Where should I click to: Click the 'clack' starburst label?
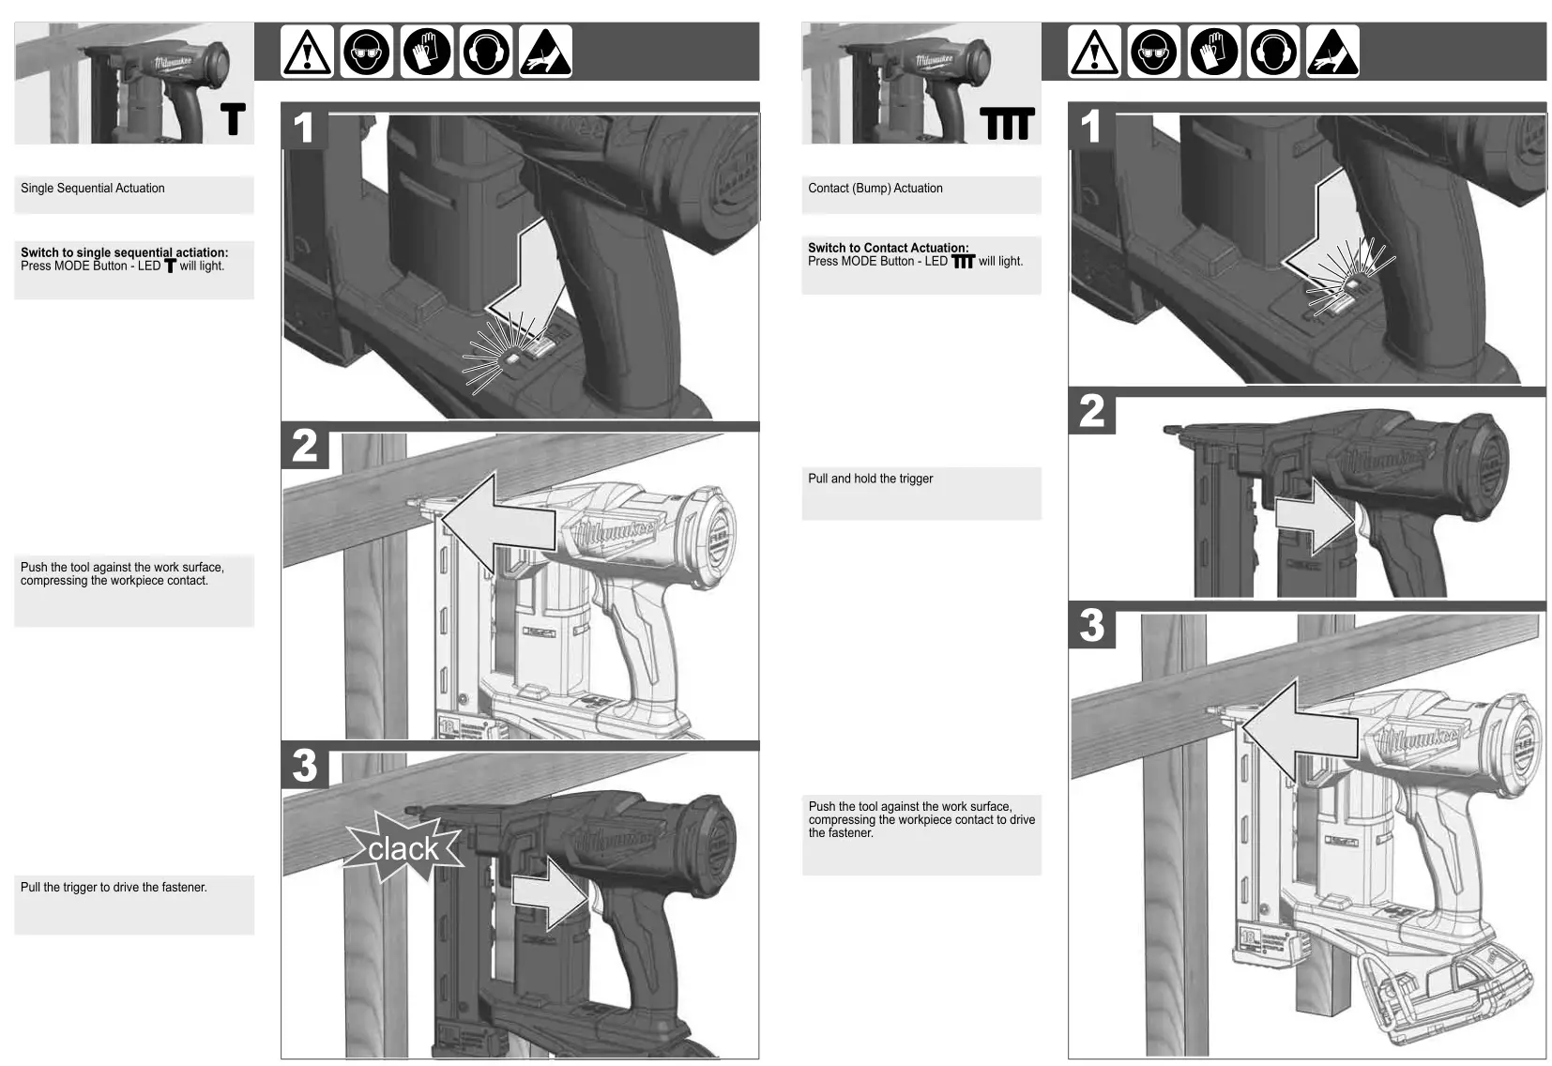click(403, 848)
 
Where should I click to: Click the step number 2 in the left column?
click(304, 446)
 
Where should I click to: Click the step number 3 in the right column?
click(1091, 625)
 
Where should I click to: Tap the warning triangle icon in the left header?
click(307, 52)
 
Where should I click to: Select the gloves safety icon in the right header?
click(1213, 52)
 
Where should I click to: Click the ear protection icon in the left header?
click(486, 52)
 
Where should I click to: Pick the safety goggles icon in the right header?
click(1154, 52)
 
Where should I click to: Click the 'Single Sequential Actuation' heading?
click(93, 189)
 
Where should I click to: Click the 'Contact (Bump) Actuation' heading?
click(875, 189)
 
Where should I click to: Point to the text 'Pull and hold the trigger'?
click(870, 479)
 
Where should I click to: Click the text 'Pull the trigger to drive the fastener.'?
click(114, 888)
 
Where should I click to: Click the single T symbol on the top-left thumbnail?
click(233, 120)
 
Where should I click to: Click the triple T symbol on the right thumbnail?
click(1007, 123)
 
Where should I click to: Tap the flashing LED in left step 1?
click(511, 358)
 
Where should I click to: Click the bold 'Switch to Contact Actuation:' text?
click(888, 248)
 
